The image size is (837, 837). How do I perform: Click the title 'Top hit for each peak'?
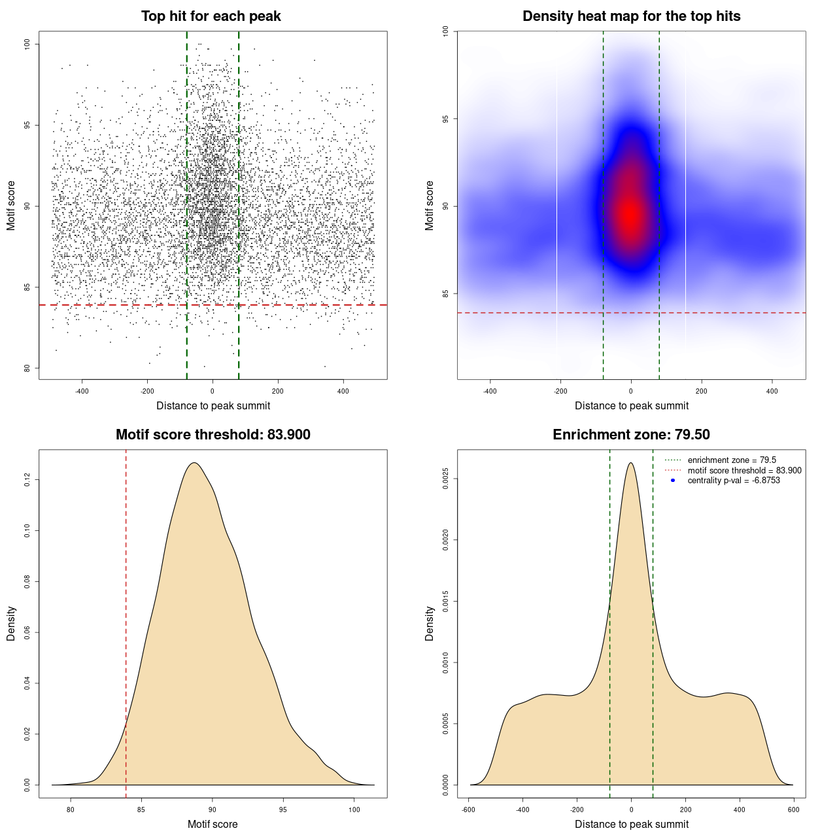click(x=211, y=16)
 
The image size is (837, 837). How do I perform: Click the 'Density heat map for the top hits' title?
click(x=631, y=16)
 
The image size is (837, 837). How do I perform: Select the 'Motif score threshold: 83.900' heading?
click(x=213, y=435)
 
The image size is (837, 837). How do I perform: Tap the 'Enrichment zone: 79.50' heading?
click(x=631, y=435)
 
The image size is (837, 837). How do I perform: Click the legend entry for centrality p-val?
click(x=733, y=481)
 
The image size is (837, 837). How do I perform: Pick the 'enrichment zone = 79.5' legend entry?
click(x=731, y=460)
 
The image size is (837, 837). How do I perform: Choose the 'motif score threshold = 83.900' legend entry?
click(x=744, y=471)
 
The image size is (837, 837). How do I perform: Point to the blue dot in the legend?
click(x=673, y=481)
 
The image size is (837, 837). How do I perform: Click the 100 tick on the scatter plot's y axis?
click(x=27, y=44)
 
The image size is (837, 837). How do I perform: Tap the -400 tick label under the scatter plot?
click(x=82, y=392)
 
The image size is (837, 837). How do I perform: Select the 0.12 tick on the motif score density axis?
click(x=27, y=481)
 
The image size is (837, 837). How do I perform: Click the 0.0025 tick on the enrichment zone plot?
click(x=446, y=479)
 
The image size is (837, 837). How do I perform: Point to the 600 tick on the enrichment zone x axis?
click(x=793, y=810)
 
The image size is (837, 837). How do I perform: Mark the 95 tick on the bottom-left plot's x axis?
click(x=282, y=810)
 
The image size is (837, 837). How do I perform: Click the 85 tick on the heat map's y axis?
click(x=446, y=294)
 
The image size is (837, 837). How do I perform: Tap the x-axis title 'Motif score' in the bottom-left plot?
click(x=213, y=825)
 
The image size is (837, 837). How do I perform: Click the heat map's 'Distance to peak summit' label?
click(x=631, y=406)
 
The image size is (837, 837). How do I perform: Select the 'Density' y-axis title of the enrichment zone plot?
click(x=430, y=623)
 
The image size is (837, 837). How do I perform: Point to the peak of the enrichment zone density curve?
click(x=631, y=463)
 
